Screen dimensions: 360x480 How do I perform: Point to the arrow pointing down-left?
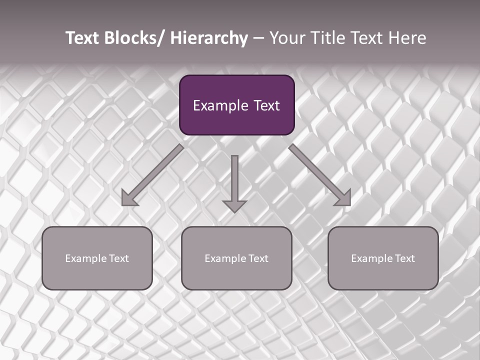152,175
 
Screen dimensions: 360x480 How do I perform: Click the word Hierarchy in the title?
209,38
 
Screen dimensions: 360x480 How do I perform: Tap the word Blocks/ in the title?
133,38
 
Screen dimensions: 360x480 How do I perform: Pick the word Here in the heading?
408,38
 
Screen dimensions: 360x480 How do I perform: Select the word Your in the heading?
287,38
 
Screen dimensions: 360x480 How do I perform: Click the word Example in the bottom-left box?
85,258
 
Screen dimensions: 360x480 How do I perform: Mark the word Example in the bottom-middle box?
225,258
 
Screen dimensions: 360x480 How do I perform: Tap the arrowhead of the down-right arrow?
344,199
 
